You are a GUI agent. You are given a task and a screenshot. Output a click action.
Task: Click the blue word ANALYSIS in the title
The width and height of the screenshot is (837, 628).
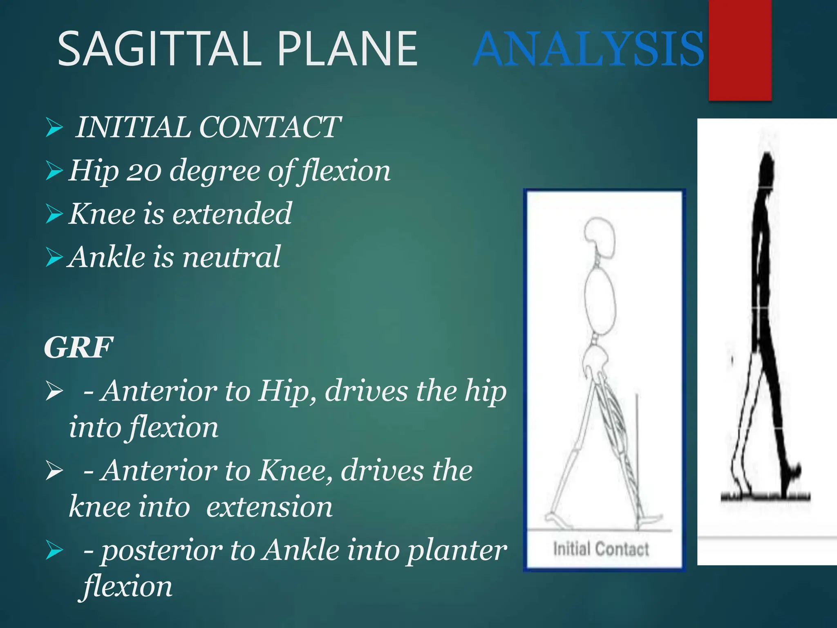click(x=589, y=49)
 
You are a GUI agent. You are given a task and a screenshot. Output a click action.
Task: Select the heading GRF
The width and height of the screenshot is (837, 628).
click(x=78, y=348)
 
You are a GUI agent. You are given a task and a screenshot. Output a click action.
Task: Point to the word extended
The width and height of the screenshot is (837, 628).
click(x=232, y=214)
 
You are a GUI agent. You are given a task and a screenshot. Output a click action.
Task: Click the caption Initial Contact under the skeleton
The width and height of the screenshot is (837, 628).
click(x=601, y=549)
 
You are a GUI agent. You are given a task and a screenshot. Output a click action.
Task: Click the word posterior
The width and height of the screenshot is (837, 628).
click(x=161, y=550)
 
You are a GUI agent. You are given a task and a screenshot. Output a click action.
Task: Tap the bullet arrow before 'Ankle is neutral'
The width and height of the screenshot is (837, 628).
click(x=54, y=257)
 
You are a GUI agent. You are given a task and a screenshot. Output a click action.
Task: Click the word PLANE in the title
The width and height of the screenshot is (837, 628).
click(x=347, y=49)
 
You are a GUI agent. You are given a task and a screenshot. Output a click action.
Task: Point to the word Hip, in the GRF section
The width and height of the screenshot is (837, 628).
click(x=288, y=391)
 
